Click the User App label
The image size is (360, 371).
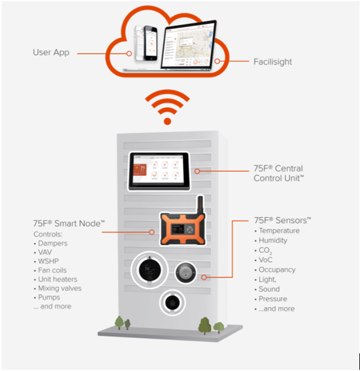point(51,52)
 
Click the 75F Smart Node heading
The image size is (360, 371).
point(69,223)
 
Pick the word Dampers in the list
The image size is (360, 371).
point(53,243)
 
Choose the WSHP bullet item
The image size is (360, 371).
point(50,261)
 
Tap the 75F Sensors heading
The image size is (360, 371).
point(282,220)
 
